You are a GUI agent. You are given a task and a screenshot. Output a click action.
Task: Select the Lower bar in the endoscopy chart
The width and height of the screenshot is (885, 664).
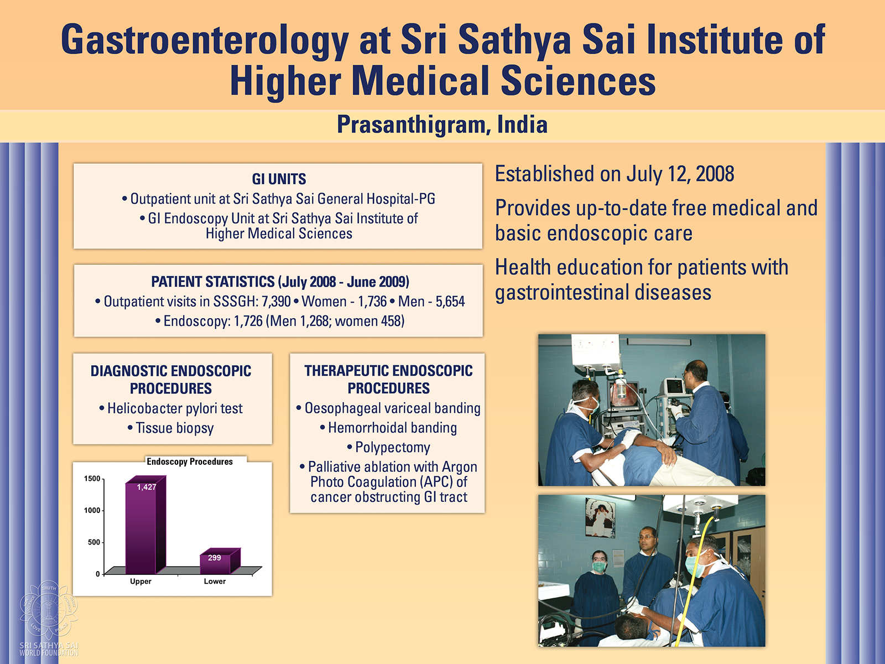(220, 561)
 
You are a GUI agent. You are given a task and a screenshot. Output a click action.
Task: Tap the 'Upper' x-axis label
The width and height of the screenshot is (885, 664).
(140, 582)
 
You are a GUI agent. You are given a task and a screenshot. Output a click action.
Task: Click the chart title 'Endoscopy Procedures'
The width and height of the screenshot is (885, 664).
(190, 461)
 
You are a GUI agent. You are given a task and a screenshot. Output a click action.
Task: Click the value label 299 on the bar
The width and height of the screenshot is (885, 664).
(215, 558)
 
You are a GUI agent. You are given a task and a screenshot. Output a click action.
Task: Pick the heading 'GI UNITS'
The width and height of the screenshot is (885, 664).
(279, 179)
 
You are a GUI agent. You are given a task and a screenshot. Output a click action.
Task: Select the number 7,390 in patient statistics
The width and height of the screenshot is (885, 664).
(276, 302)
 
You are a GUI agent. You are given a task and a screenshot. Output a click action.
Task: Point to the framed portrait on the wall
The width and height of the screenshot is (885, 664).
(600, 517)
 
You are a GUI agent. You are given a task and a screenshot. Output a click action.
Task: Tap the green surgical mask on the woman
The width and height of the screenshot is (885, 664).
(599, 567)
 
